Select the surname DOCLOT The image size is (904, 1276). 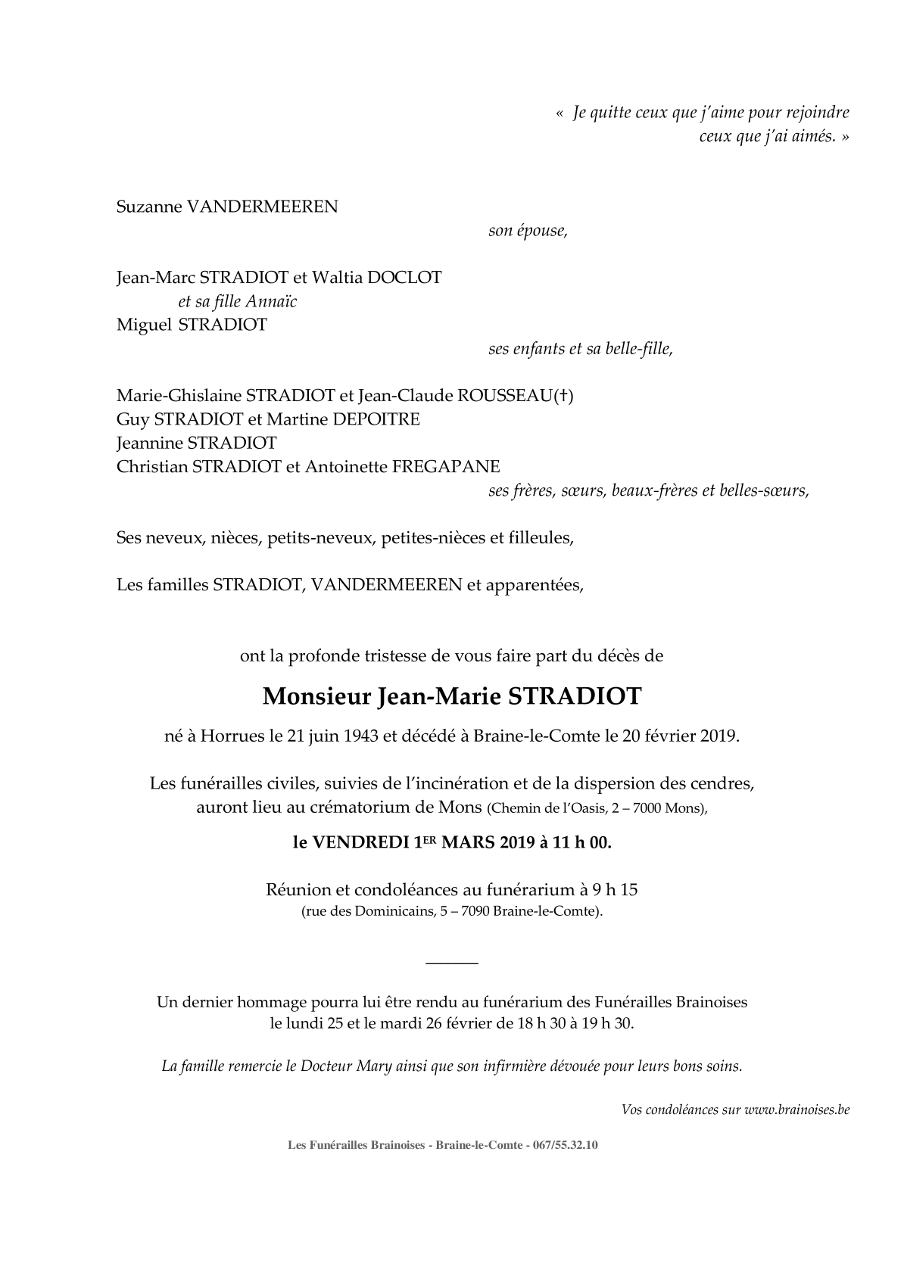(x=404, y=278)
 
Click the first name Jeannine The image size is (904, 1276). (x=149, y=443)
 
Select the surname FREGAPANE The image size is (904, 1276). (x=446, y=467)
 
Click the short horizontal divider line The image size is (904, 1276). (x=452, y=963)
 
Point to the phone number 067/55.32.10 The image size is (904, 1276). (x=566, y=1146)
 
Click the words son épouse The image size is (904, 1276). (x=528, y=231)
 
